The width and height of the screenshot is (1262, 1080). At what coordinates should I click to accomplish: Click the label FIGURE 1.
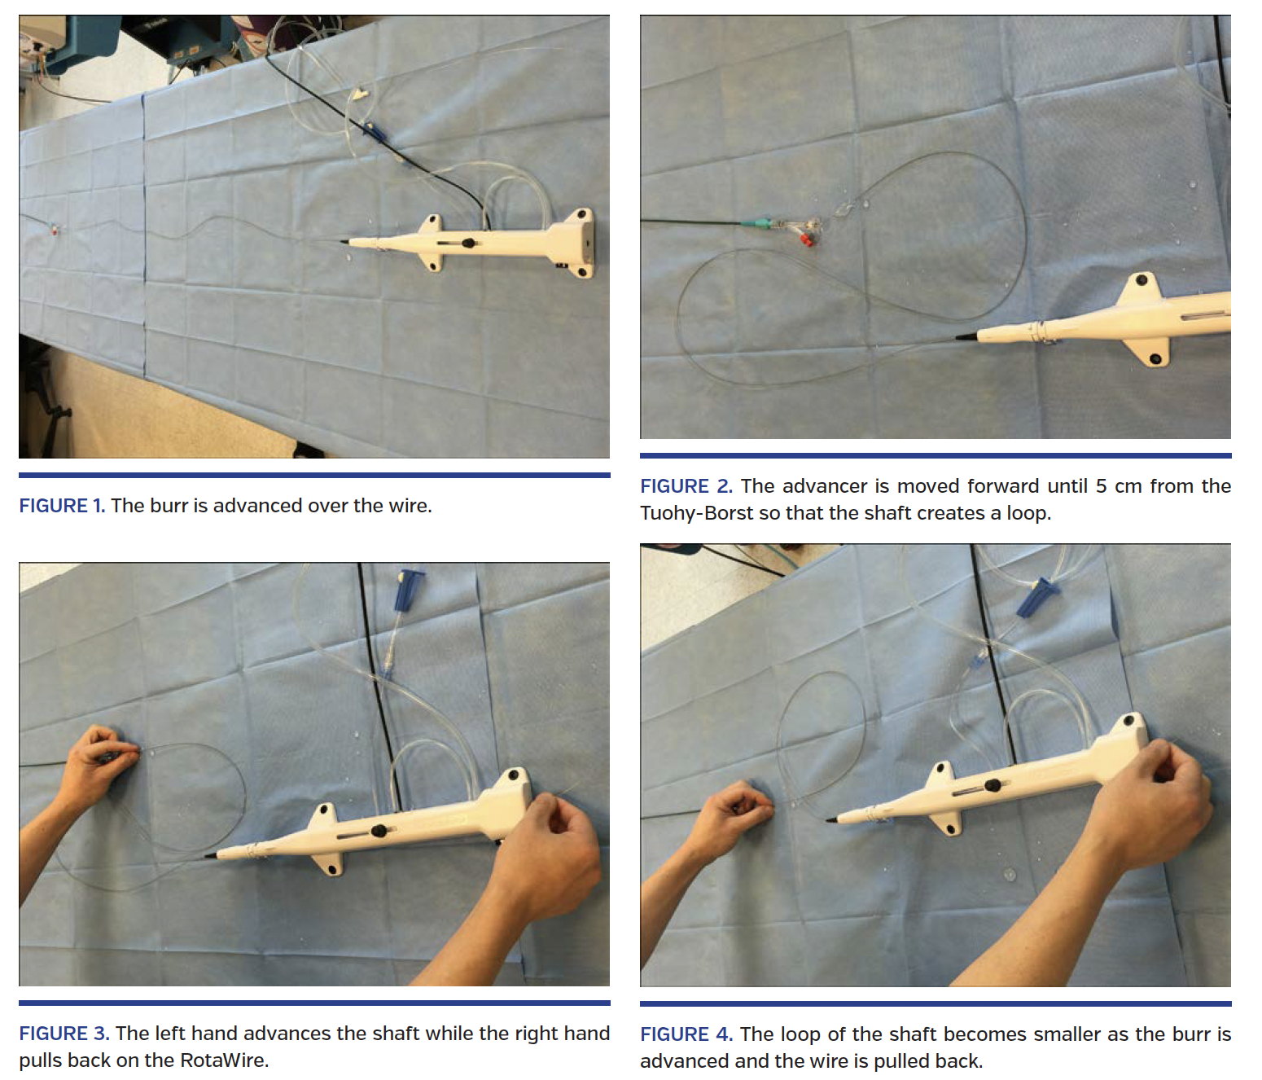[x=62, y=505]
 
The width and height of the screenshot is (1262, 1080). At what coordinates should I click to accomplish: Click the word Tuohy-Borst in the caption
[x=696, y=512]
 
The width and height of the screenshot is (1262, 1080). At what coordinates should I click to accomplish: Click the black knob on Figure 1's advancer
[x=468, y=243]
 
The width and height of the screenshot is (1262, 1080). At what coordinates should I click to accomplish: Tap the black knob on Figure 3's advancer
[x=379, y=831]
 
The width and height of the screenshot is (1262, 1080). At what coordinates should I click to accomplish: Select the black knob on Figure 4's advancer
[x=993, y=785]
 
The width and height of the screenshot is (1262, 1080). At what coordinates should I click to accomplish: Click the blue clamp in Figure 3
[x=409, y=590]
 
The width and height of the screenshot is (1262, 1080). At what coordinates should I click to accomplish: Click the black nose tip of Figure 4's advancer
[x=831, y=819]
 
